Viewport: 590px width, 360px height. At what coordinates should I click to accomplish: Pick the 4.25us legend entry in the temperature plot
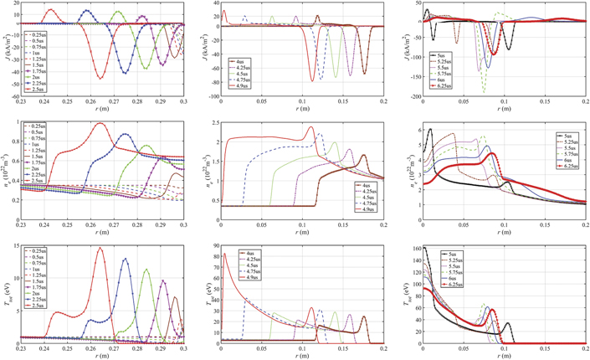tap(249, 261)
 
